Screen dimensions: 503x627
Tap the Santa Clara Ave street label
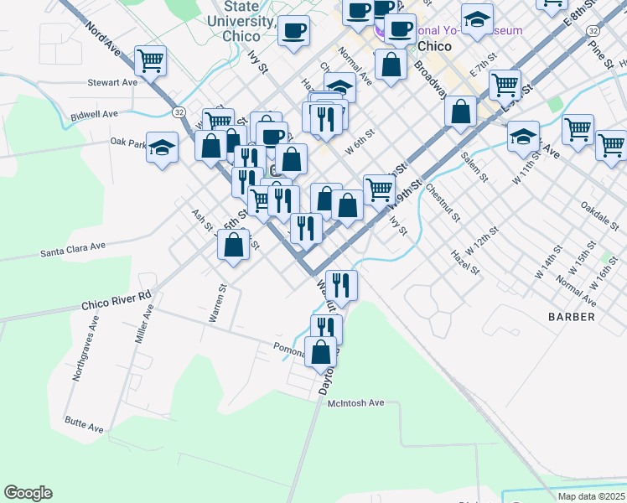point(73,249)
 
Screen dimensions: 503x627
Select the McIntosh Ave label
point(355,403)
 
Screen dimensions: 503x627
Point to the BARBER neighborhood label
point(572,317)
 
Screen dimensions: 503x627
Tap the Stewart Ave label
point(112,83)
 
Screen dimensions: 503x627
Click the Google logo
point(28,493)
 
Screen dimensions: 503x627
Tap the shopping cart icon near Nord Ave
point(150,60)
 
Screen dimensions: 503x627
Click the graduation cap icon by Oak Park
point(163,148)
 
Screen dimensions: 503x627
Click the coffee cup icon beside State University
point(293,32)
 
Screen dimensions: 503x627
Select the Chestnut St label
point(444,202)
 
